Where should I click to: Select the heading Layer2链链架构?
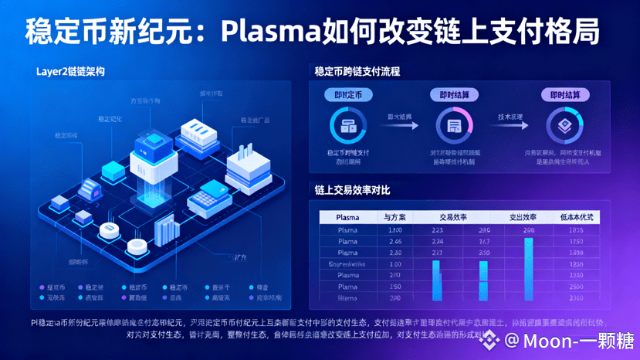(70, 72)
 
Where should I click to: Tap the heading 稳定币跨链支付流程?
(357, 72)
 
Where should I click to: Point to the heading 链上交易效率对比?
(351, 189)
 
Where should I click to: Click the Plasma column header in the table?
(348, 217)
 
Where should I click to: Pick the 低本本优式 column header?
(575, 217)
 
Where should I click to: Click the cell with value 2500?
(575, 286)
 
